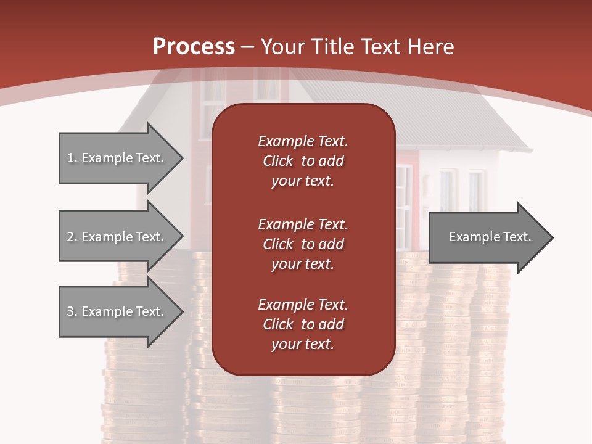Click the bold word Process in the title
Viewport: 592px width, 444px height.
(x=194, y=47)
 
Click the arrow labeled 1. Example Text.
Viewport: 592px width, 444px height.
(x=117, y=158)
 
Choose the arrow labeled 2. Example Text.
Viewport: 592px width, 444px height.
(x=117, y=237)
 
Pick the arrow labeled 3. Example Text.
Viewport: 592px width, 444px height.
(x=117, y=311)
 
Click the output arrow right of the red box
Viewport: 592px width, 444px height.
(x=487, y=237)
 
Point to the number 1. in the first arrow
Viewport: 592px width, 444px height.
(x=72, y=158)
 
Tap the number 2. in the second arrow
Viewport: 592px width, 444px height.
(x=72, y=237)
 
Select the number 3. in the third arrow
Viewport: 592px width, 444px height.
(x=72, y=311)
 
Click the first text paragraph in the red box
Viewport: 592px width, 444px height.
(x=303, y=161)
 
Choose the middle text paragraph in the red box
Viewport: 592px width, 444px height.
(x=303, y=244)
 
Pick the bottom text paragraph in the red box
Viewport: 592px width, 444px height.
(x=303, y=324)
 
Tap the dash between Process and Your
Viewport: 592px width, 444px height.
(x=248, y=47)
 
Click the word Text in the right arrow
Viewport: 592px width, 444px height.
(x=517, y=237)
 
